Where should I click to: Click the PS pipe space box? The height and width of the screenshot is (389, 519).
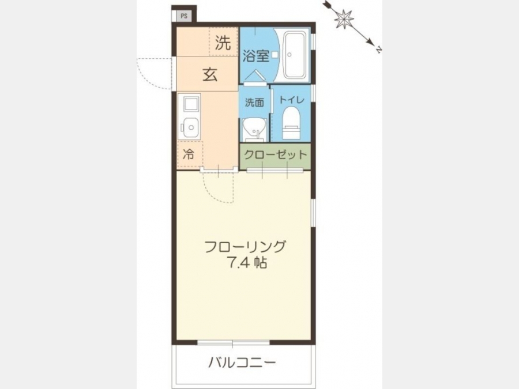184,16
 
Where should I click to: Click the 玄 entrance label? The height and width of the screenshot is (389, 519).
210,74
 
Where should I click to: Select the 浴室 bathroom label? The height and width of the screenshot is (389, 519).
255,55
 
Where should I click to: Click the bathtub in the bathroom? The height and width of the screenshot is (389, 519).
295,55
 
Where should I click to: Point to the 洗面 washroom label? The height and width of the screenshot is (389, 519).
254,103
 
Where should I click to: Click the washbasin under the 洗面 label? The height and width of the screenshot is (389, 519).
254,130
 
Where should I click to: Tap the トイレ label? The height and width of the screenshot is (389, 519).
292,100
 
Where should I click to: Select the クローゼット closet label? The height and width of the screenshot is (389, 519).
276,154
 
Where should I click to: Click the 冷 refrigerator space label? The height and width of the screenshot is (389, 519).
189,154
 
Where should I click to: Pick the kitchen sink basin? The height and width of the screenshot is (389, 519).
189,127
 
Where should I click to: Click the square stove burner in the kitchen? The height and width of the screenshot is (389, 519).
189,104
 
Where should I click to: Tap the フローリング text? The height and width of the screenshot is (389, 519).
245,247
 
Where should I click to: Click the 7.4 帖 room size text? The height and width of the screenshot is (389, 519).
247,262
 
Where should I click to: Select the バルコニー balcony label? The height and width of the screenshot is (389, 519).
242,363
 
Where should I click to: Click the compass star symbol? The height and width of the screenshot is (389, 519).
344,18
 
